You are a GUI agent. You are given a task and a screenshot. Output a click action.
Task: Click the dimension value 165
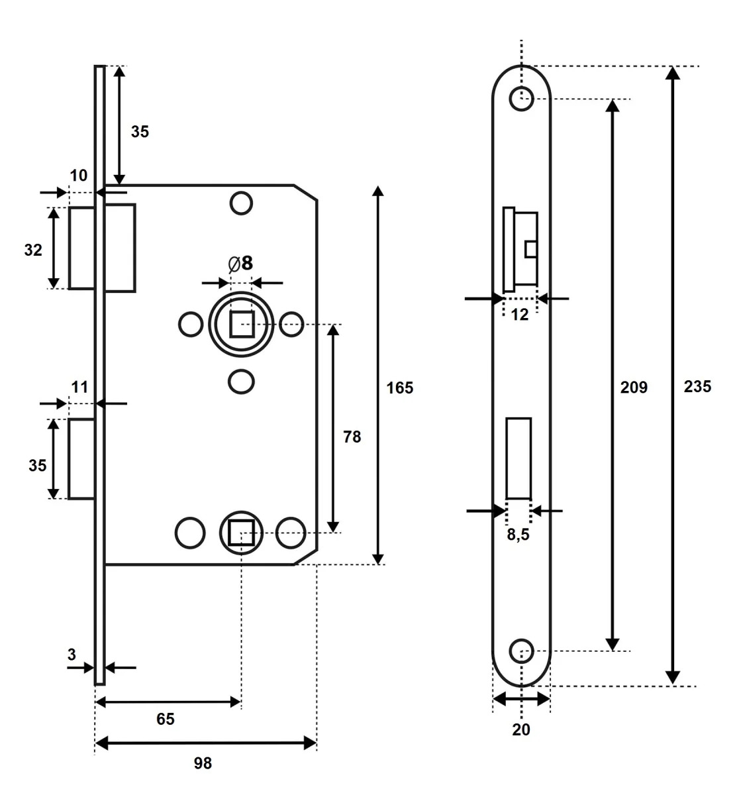pos(399,388)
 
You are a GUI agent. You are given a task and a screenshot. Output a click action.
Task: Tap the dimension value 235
pos(697,387)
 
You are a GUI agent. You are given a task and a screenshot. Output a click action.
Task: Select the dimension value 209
pos(634,388)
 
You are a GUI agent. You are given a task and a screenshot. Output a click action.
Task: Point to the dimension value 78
pos(352,437)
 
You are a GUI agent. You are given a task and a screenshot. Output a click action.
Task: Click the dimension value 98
pos(203,763)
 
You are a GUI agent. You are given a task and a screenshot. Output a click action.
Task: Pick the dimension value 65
pos(166,719)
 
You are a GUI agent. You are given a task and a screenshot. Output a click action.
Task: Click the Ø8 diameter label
pos(240,264)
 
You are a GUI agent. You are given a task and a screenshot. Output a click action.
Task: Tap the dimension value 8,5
pos(518,535)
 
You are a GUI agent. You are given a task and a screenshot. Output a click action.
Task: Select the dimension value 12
pos(519,315)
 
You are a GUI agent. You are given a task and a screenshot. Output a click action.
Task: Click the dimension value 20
pos(521,729)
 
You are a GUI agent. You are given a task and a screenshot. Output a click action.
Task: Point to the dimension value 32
pos(33,250)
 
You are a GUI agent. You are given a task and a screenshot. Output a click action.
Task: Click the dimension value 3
pos(72,655)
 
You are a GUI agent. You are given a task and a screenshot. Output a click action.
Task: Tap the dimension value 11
pos(79,388)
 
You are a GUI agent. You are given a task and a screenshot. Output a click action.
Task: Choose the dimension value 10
pos(78,176)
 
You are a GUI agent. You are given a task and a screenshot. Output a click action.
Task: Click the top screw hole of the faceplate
pos(521,99)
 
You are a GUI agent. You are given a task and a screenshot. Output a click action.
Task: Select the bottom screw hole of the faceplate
pos(521,651)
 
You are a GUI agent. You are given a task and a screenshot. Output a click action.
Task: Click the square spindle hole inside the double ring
pos(242,324)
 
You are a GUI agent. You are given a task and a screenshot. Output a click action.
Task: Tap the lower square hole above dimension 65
pos(241,533)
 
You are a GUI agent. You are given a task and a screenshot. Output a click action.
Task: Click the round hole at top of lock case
pos(241,203)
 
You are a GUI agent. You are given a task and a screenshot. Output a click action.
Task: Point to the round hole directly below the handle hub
pos(241,382)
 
